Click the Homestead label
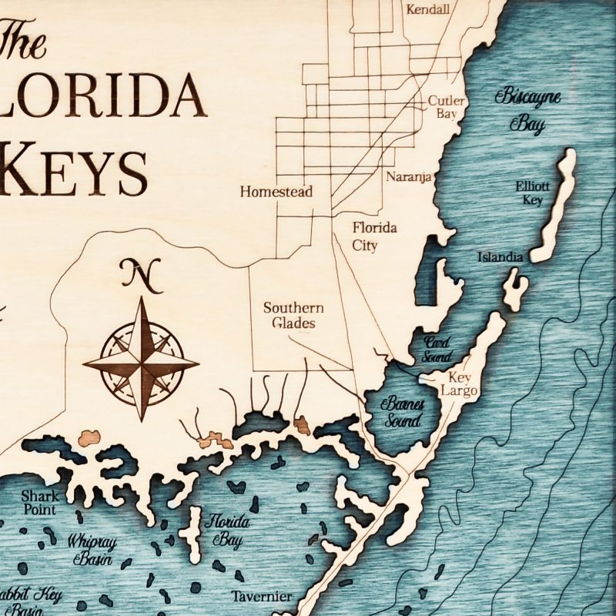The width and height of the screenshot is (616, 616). coord(276,192)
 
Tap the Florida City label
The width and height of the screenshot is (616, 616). coord(375,236)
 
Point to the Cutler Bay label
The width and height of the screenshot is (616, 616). coord(443,106)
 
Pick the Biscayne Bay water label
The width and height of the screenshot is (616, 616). coord(528,110)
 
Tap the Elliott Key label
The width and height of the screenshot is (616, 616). coord(531,193)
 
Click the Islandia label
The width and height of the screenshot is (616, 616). coord(500,257)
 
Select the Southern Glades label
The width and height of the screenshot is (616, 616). coord(293,315)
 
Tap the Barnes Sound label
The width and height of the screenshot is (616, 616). coord(403,412)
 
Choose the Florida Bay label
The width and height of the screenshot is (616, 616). coord(223,531)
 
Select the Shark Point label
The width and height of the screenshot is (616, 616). coord(39,502)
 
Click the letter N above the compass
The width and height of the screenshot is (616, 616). coord(139,276)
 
